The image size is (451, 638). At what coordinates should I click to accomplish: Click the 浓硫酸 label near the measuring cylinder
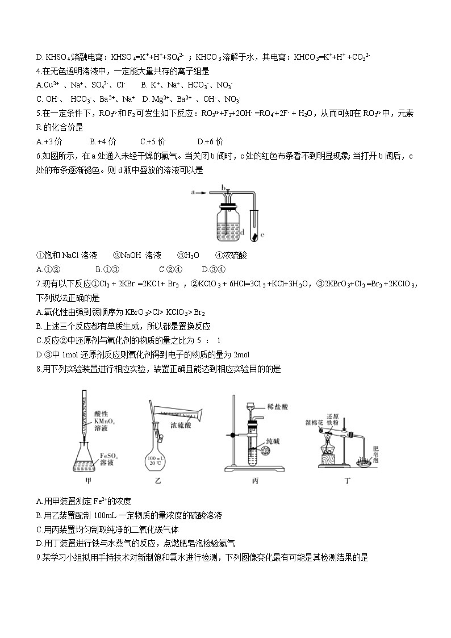[x=182, y=424]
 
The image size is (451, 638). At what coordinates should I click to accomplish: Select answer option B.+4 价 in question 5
[x=101, y=141]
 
